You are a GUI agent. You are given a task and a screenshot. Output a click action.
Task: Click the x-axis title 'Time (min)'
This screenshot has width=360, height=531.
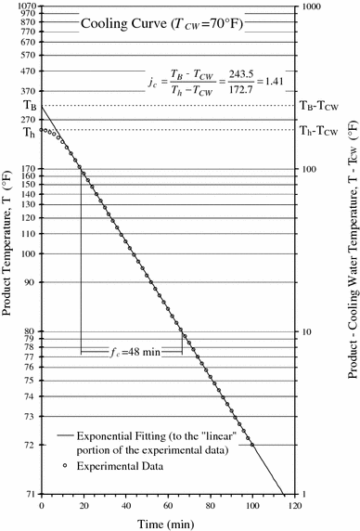tap(167, 522)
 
